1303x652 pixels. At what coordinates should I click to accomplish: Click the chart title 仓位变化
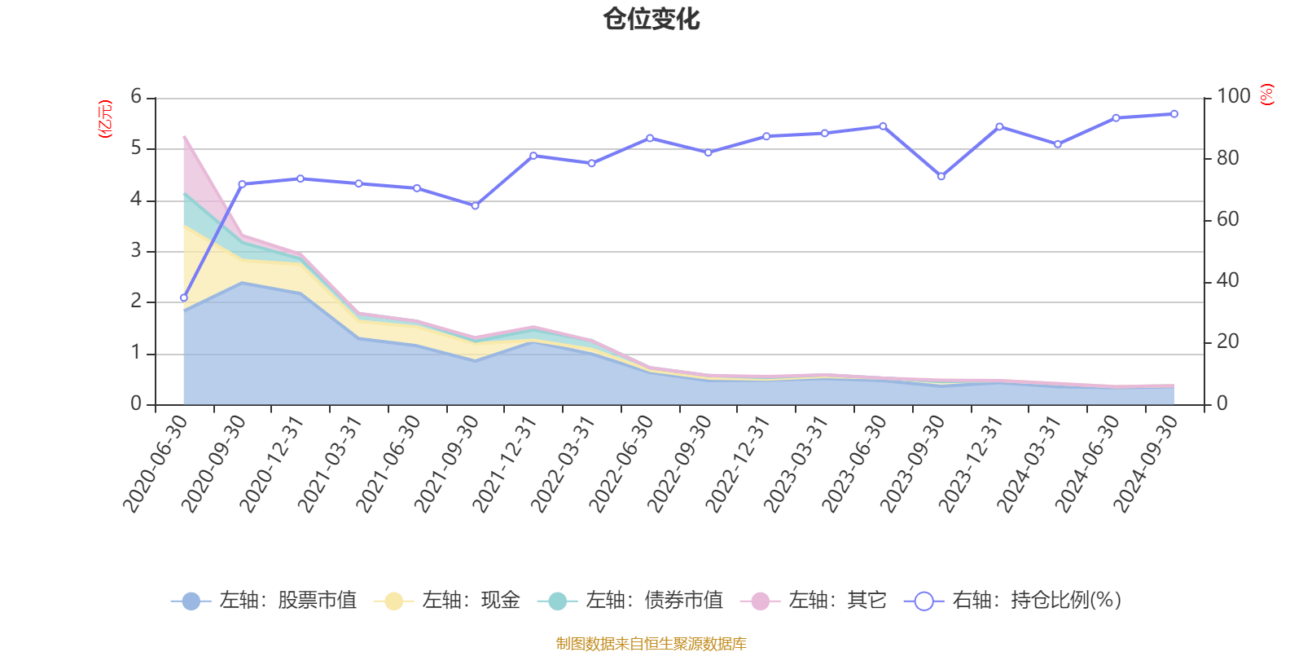(x=651, y=19)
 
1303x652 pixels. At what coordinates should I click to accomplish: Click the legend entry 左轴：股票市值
(x=264, y=601)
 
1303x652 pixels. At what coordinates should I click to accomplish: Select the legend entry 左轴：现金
(x=447, y=601)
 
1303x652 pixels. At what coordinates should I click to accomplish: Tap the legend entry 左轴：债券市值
(x=630, y=601)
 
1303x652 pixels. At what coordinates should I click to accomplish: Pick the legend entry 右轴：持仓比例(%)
(x=1013, y=601)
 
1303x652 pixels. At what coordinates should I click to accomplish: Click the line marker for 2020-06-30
(x=183, y=297)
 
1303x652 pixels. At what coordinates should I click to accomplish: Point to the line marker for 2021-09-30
(x=475, y=205)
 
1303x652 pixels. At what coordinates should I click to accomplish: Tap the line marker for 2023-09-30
(x=941, y=177)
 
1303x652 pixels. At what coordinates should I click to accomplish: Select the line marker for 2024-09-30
(x=1174, y=114)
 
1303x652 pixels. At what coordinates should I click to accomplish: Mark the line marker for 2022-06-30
(x=649, y=138)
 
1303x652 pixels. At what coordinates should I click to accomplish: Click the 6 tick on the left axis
(x=136, y=97)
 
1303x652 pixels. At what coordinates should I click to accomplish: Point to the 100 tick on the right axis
(x=1233, y=96)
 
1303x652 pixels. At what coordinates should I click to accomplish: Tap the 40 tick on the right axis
(x=1227, y=280)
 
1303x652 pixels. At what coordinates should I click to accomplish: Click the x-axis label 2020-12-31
(x=272, y=464)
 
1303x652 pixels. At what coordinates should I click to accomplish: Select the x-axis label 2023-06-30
(x=853, y=464)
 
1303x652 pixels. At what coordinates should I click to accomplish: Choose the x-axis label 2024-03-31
(x=1029, y=464)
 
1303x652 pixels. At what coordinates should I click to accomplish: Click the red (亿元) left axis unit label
(x=105, y=119)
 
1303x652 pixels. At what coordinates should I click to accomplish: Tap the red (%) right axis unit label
(x=1266, y=95)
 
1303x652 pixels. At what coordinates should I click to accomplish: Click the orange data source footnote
(x=651, y=644)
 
